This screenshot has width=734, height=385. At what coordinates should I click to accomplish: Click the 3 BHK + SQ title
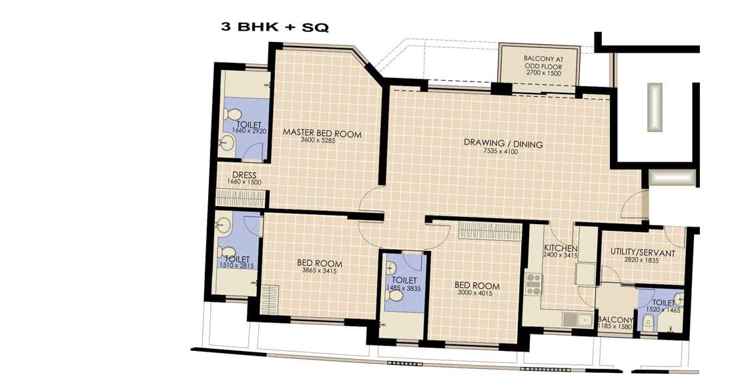(275, 27)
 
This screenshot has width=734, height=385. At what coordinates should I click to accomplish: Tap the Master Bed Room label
(322, 133)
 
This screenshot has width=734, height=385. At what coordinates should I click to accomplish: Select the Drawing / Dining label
(503, 143)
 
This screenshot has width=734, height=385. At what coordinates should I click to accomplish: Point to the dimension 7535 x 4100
(500, 151)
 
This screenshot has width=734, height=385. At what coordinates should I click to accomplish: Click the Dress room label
(244, 175)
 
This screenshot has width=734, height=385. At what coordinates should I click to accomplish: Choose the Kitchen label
(561, 248)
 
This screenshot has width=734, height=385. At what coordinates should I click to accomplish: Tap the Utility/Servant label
(643, 253)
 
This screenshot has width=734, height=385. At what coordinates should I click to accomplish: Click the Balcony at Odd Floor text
(543, 63)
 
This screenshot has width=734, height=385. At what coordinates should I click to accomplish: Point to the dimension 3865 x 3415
(319, 270)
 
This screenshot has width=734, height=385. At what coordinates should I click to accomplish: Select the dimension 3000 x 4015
(476, 293)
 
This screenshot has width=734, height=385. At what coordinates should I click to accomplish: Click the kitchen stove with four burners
(534, 284)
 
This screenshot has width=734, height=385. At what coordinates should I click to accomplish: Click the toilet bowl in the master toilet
(232, 114)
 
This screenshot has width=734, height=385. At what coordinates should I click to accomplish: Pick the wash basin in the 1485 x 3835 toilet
(392, 268)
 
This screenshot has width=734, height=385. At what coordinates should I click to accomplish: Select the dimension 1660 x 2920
(249, 131)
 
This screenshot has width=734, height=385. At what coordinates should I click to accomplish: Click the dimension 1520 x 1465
(663, 310)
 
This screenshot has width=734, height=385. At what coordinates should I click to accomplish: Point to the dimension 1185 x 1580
(615, 326)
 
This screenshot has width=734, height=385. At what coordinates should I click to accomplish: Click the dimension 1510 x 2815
(237, 266)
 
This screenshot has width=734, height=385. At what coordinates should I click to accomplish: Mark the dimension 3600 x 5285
(318, 140)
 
